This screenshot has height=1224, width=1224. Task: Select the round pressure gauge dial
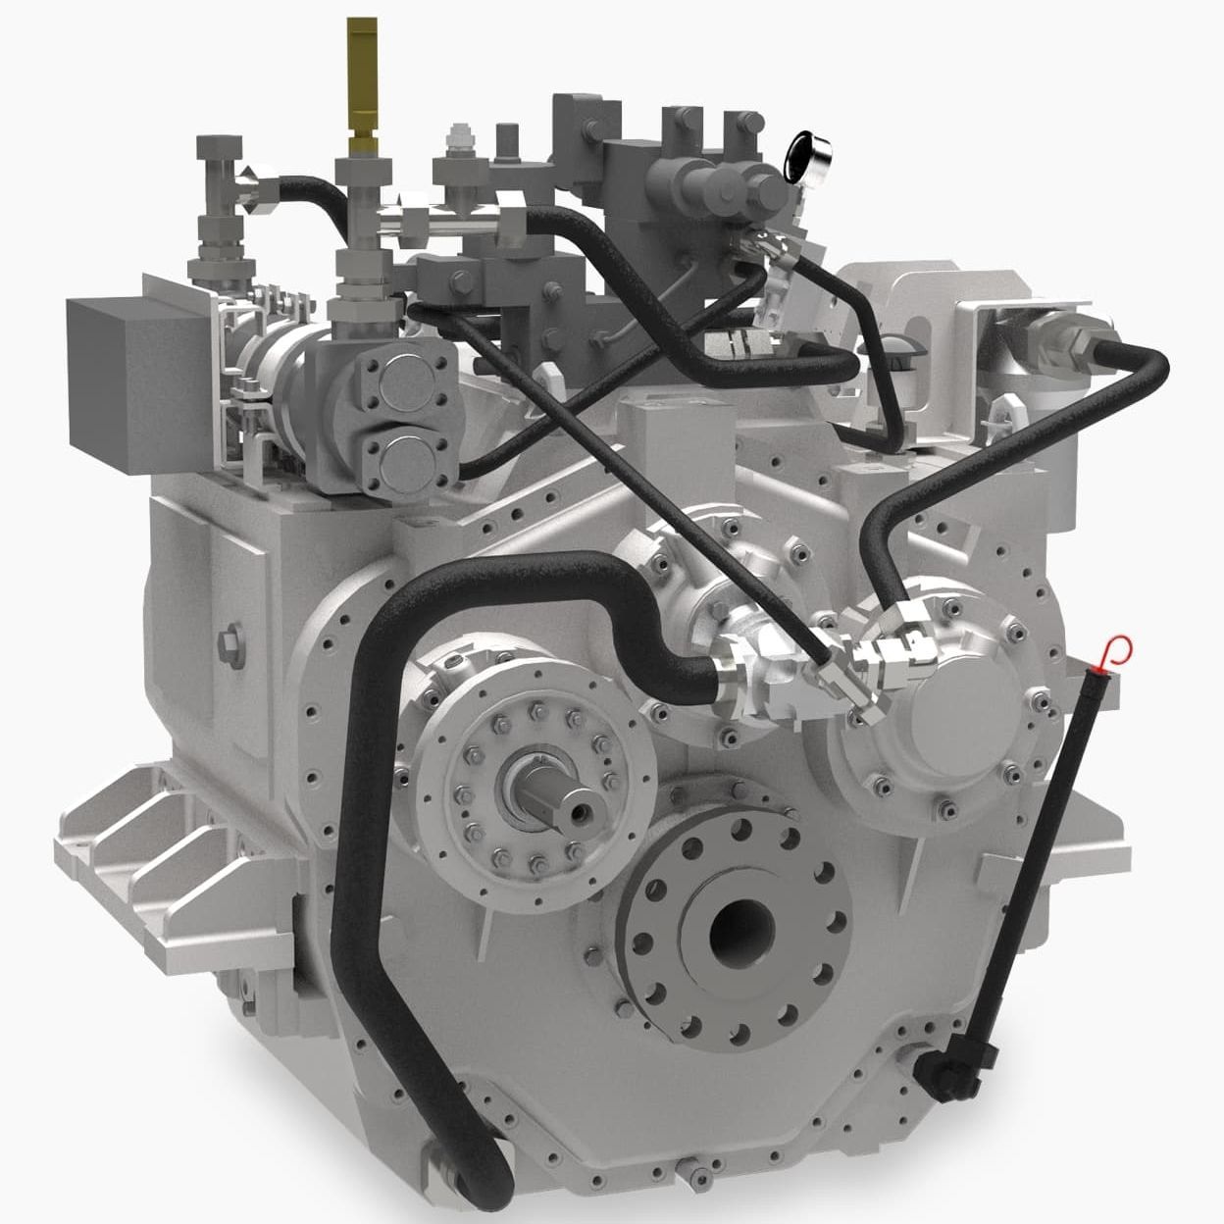[811, 151]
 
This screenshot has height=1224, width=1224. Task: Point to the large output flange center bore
[742, 927]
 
